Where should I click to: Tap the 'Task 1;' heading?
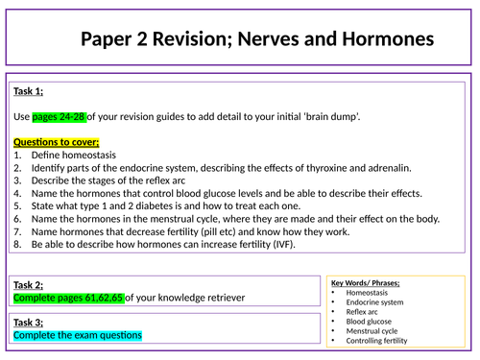click(x=29, y=92)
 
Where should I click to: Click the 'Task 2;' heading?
click(x=29, y=284)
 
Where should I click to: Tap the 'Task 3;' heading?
click(x=29, y=323)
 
